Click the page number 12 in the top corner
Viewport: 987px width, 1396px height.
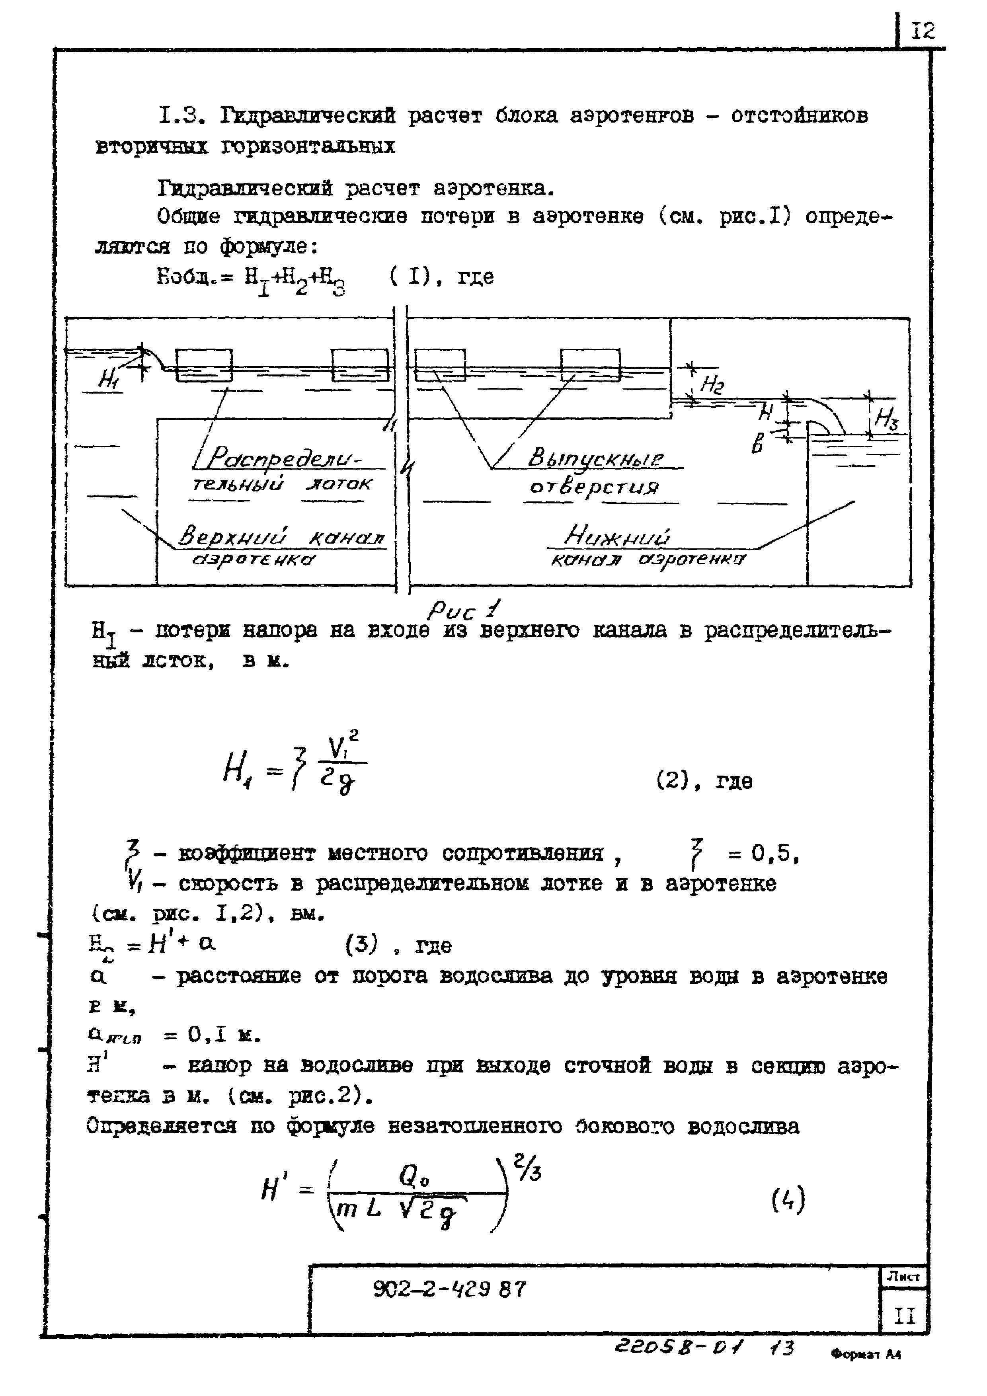[923, 30]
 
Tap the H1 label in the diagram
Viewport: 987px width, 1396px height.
[108, 380]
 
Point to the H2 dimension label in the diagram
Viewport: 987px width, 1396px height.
[712, 384]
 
